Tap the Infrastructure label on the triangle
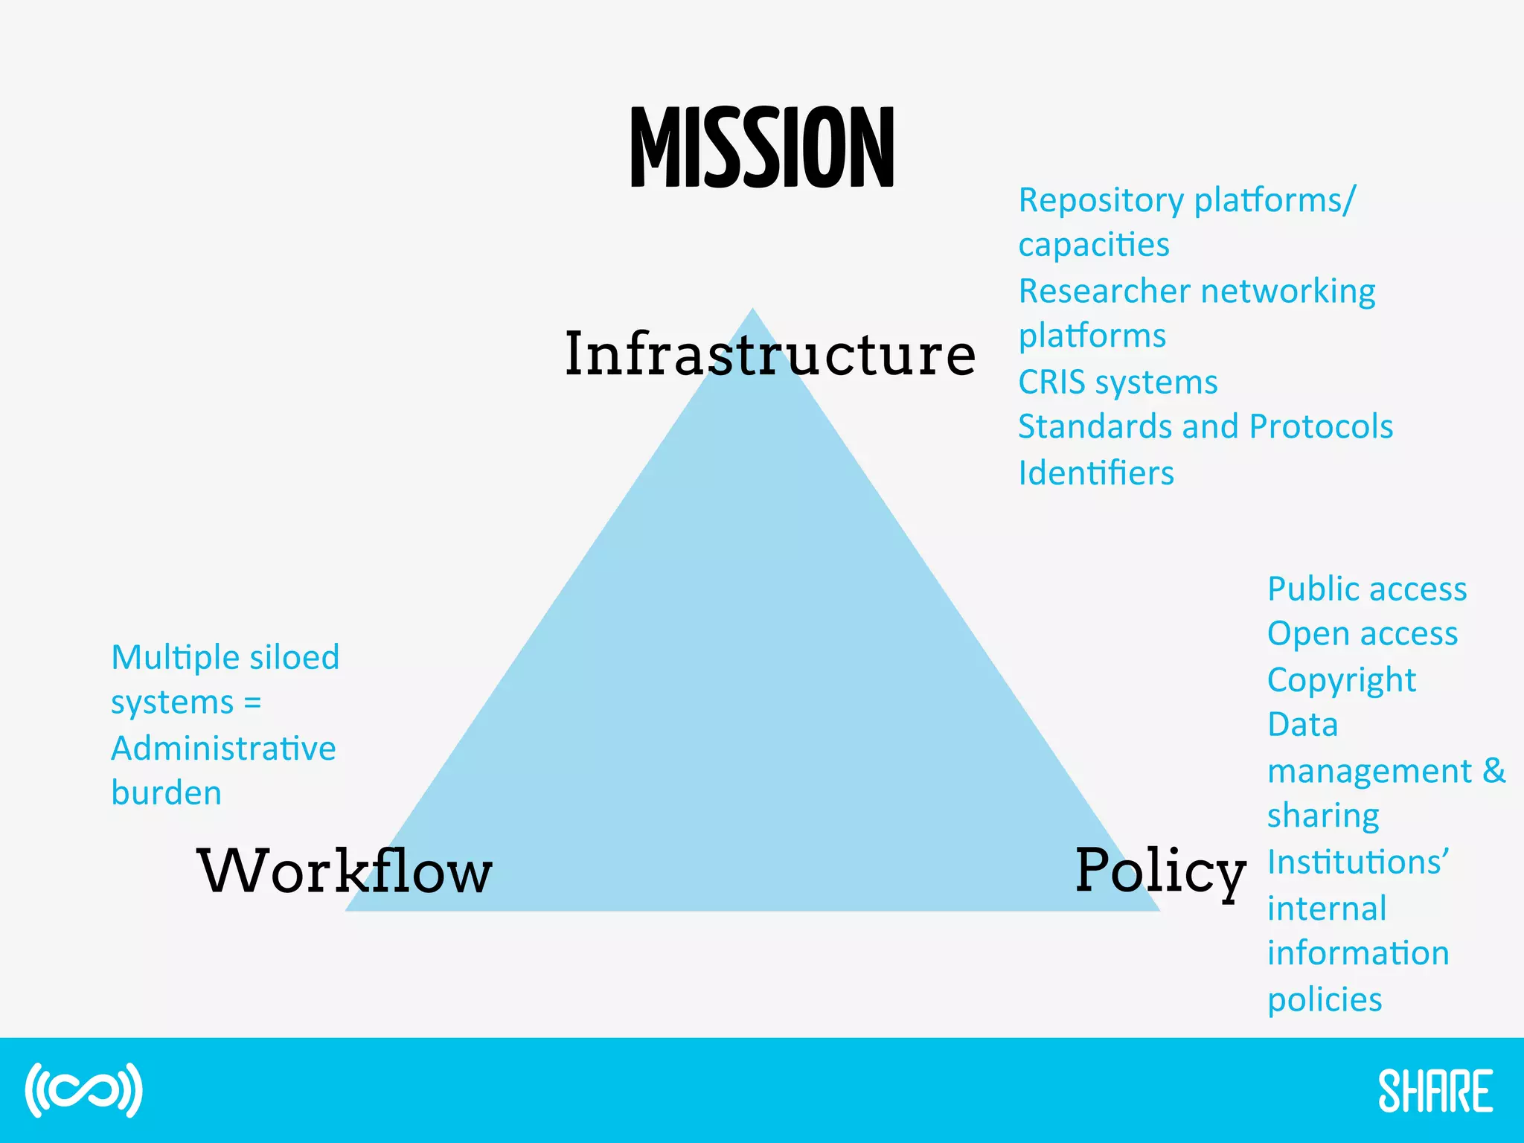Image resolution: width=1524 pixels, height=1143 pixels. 769,354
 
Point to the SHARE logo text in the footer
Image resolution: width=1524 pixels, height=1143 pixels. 1435,1091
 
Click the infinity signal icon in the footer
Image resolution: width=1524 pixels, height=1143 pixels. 83,1090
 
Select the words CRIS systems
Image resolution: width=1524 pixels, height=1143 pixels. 1117,382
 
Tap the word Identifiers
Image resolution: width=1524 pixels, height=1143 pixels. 1095,473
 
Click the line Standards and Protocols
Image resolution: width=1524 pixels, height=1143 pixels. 1205,427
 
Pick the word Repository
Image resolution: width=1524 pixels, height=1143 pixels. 1101,201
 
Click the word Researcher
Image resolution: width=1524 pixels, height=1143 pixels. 1104,292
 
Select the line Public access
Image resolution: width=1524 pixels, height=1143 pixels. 1366,589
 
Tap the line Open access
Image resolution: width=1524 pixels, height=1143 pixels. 1362,635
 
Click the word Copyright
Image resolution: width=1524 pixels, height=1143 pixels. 1341,681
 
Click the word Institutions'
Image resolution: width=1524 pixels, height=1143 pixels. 1357,863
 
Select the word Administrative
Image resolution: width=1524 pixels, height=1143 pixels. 223,749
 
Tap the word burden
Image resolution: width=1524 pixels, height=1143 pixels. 166,793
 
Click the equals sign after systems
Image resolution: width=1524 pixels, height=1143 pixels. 252,703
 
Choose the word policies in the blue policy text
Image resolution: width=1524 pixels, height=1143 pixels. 1325,1000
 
